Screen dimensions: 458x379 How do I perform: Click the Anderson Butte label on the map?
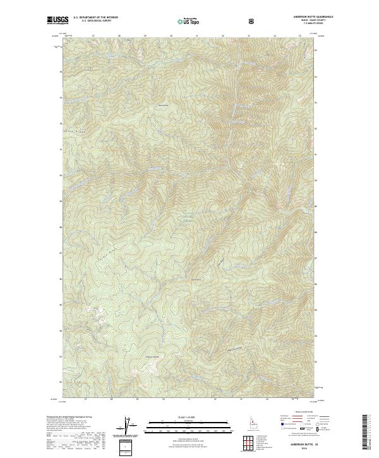pyautogui.click(x=152, y=358)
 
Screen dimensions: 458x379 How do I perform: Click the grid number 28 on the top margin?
pyautogui.click(x=119, y=36)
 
